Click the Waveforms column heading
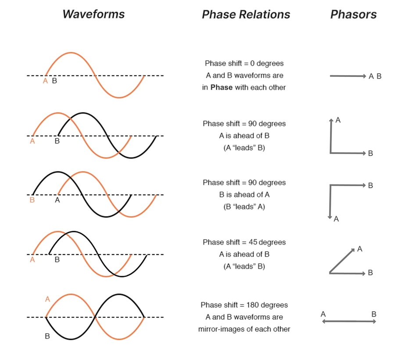tap(93, 14)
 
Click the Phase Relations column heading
tap(246, 14)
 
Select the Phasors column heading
tap(353, 14)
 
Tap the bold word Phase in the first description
tap(222, 87)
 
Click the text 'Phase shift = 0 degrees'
tap(244, 63)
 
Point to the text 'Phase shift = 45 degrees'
tap(244, 242)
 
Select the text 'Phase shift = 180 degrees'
tap(244, 305)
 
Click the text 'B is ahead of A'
tap(244, 195)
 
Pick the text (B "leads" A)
tap(244, 207)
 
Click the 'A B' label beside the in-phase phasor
tap(375, 76)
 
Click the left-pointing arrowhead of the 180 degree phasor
tap(324, 322)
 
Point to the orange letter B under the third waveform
tap(32, 200)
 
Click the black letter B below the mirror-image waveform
tap(47, 337)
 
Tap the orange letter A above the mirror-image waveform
tap(47, 299)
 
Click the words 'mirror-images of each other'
tap(244, 329)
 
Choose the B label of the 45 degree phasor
tap(370, 273)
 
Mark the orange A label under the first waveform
tap(45, 81)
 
